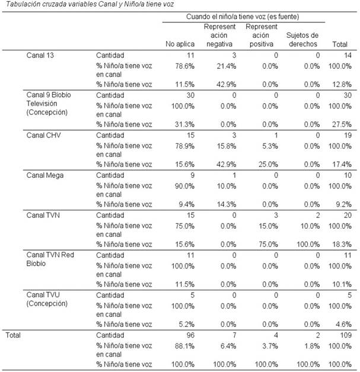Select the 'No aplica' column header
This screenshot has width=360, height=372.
[180, 43]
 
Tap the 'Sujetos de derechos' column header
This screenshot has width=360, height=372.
[302, 39]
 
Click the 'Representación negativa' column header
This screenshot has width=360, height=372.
[219, 35]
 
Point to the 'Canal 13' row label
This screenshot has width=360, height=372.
[39, 56]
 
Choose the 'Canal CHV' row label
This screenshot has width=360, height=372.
[43, 134]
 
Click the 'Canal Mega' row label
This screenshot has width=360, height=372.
[45, 174]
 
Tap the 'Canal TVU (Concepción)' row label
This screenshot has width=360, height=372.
[47, 299]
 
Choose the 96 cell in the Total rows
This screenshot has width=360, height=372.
[190, 335]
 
